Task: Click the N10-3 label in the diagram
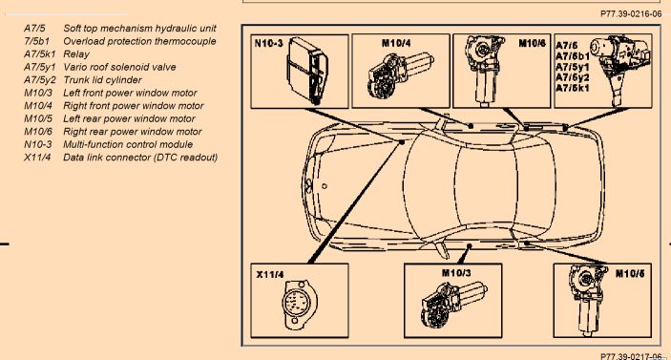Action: [268, 43]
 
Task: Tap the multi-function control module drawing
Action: [308, 71]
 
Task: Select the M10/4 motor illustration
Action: [399, 74]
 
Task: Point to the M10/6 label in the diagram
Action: [532, 43]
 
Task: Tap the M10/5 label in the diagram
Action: [630, 273]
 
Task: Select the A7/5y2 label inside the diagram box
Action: [572, 77]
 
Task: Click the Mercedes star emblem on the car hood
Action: [309, 186]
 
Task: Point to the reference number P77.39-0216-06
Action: [631, 14]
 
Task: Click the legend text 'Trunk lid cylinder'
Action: [102, 80]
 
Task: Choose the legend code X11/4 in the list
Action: [37, 158]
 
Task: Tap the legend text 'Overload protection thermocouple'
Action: [139, 41]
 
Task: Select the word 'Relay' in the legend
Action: [76, 54]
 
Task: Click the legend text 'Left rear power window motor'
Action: [129, 118]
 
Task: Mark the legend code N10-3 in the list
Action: [37, 144]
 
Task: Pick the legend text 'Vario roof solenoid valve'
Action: [119, 67]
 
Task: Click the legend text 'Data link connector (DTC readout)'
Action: [140, 158]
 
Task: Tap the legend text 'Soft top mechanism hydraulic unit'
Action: [139, 29]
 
